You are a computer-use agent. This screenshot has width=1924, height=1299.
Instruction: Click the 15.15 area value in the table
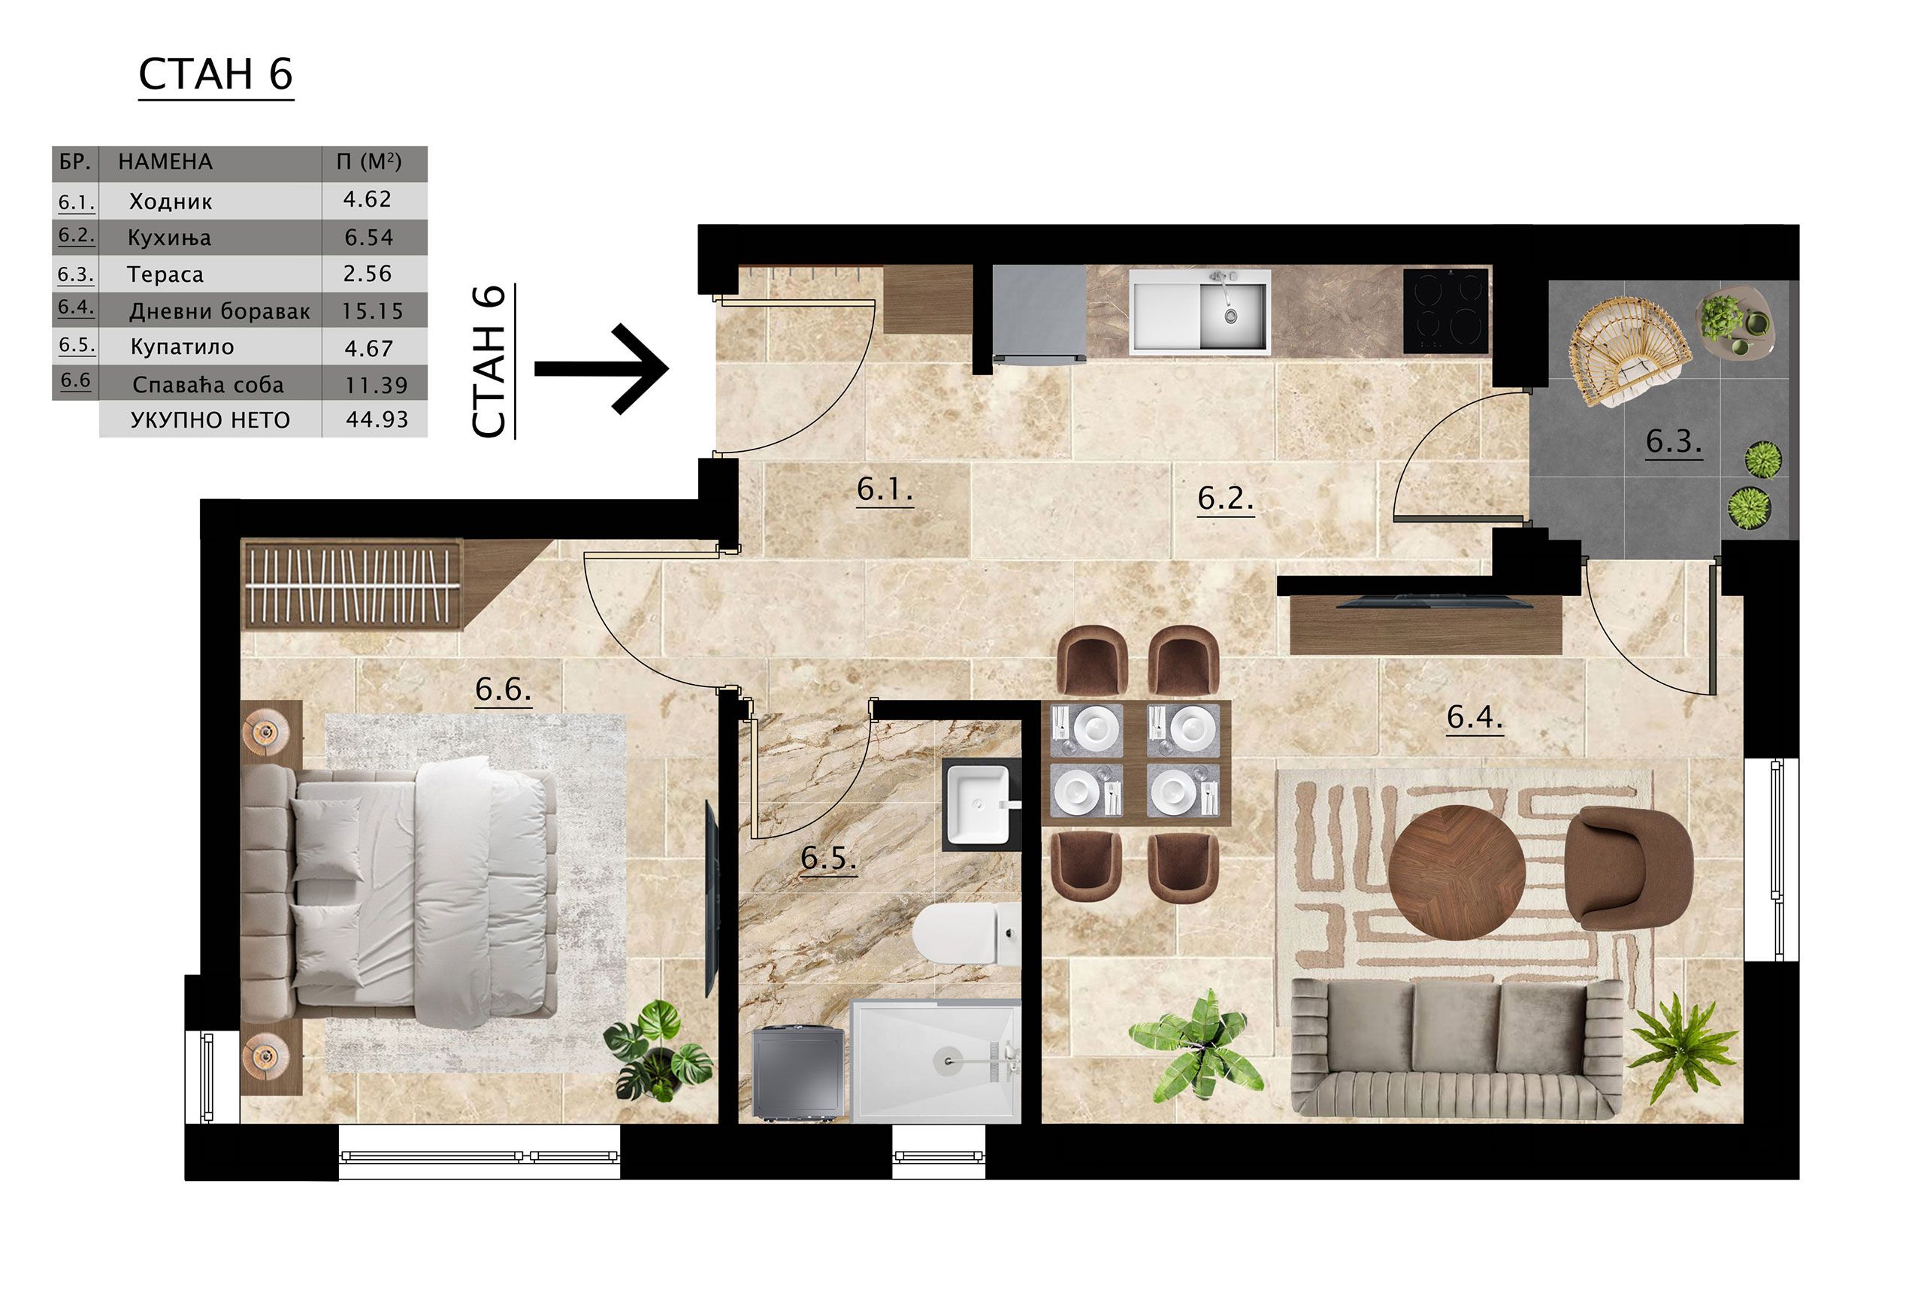tap(373, 311)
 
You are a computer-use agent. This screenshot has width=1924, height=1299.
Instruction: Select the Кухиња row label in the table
tap(169, 238)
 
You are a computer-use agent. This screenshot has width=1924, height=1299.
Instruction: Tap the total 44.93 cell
tap(377, 419)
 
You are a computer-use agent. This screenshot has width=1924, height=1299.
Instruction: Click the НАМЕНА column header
tap(165, 162)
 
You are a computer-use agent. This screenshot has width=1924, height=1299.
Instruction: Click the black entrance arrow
tap(601, 368)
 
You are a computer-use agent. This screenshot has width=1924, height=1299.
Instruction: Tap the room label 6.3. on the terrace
tap(1673, 442)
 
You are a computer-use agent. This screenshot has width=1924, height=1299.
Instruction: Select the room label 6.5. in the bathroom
tap(828, 858)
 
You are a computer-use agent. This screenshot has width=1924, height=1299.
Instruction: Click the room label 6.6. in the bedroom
tap(503, 689)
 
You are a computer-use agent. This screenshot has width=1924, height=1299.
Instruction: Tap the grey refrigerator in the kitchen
tap(1039, 313)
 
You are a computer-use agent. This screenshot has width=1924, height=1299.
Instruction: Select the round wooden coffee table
tap(1457, 873)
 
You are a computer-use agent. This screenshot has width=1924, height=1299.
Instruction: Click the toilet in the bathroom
tap(970, 933)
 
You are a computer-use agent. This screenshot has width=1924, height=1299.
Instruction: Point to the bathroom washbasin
tap(979, 803)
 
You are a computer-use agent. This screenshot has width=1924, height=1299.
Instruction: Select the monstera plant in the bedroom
tap(658, 1049)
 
